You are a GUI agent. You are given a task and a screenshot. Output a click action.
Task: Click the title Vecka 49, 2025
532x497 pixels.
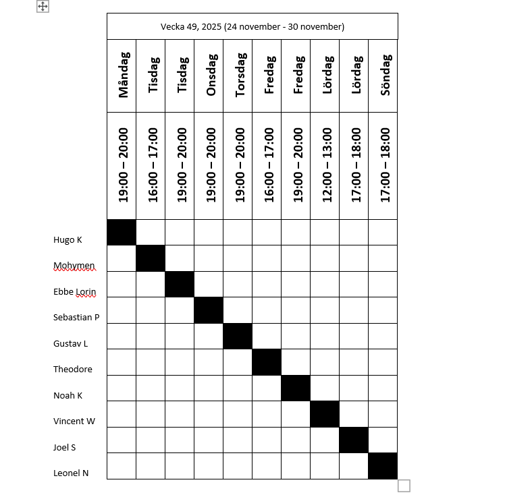click(252, 27)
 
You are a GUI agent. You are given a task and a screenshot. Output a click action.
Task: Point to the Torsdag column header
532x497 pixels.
click(239, 76)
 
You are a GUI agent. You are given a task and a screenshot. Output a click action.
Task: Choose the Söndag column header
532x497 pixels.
click(384, 76)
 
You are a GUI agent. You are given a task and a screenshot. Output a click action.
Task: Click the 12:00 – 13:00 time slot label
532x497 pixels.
click(326, 165)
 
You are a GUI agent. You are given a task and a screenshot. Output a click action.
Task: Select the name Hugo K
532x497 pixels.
click(68, 239)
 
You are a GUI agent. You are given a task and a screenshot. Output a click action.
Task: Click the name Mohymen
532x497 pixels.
click(74, 266)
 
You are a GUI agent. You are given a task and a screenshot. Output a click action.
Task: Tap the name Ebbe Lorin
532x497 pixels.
click(74, 292)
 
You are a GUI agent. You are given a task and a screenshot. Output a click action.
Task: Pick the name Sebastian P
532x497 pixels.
click(76, 318)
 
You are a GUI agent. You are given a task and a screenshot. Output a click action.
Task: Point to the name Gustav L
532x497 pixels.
click(71, 343)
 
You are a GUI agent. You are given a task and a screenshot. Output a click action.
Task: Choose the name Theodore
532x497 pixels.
click(73, 370)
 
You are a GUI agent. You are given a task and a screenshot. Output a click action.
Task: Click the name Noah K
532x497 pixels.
click(68, 396)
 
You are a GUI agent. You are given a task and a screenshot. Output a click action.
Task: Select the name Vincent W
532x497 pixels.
click(74, 421)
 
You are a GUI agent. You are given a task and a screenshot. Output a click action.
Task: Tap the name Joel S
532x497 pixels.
click(65, 447)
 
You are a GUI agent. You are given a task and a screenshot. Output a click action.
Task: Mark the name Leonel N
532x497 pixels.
click(71, 473)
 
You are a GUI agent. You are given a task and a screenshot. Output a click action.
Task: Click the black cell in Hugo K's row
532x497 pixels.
click(122, 233)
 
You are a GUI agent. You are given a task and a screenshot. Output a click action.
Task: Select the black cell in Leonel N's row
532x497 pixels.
click(383, 466)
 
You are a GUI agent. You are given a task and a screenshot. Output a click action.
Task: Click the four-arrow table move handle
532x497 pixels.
click(43, 6)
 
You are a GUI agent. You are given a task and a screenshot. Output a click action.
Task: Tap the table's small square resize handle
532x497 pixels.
click(404, 486)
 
